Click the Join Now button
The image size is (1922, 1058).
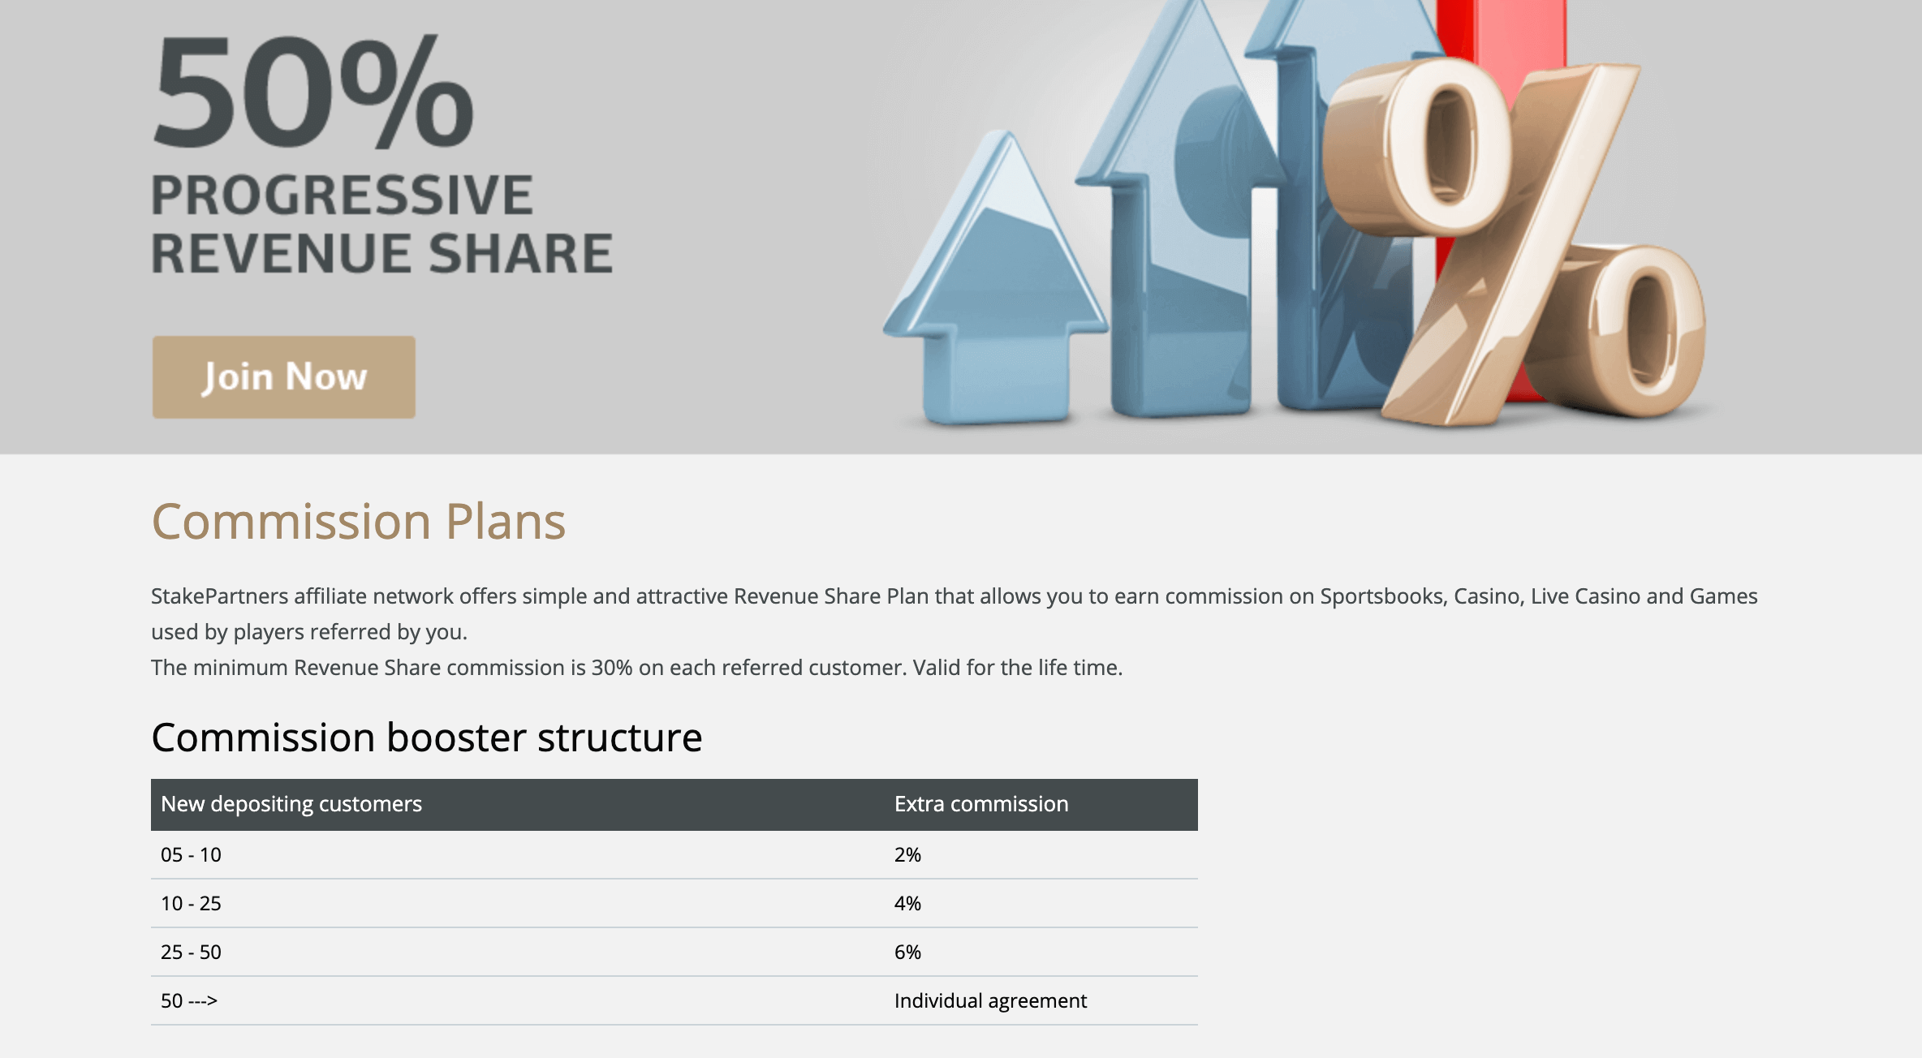click(x=283, y=377)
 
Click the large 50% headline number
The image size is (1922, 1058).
click(x=313, y=92)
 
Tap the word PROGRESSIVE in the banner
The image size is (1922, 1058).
click(x=342, y=196)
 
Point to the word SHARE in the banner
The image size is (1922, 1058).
click(x=520, y=253)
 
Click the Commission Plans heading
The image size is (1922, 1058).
click(x=358, y=521)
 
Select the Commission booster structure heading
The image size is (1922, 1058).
click(x=426, y=738)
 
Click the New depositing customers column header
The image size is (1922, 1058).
click(x=291, y=804)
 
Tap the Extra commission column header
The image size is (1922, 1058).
click(x=981, y=804)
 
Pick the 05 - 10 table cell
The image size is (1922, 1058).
click(x=191, y=854)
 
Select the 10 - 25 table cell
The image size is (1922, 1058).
click(x=191, y=903)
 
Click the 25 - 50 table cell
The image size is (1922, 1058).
click(x=191, y=952)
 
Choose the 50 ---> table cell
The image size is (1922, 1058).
click(x=189, y=1000)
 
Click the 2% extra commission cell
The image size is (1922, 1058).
click(x=907, y=854)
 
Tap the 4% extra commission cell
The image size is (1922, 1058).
click(x=907, y=903)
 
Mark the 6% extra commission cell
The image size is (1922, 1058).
click(x=907, y=952)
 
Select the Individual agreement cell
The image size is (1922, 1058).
click(x=990, y=1001)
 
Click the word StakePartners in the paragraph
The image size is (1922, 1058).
click(x=220, y=596)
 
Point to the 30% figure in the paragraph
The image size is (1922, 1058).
click(x=612, y=668)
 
